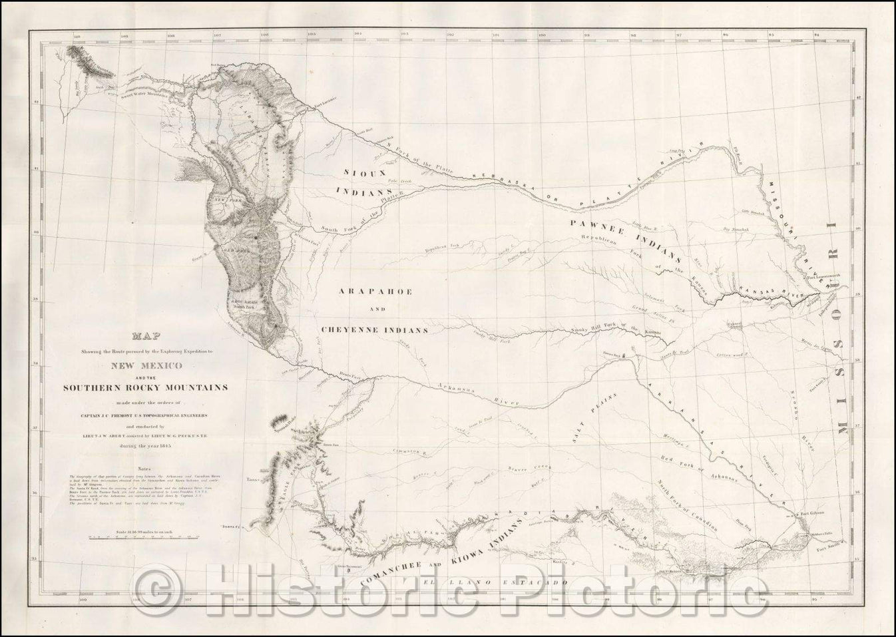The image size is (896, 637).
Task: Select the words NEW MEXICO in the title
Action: pos(152,365)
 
